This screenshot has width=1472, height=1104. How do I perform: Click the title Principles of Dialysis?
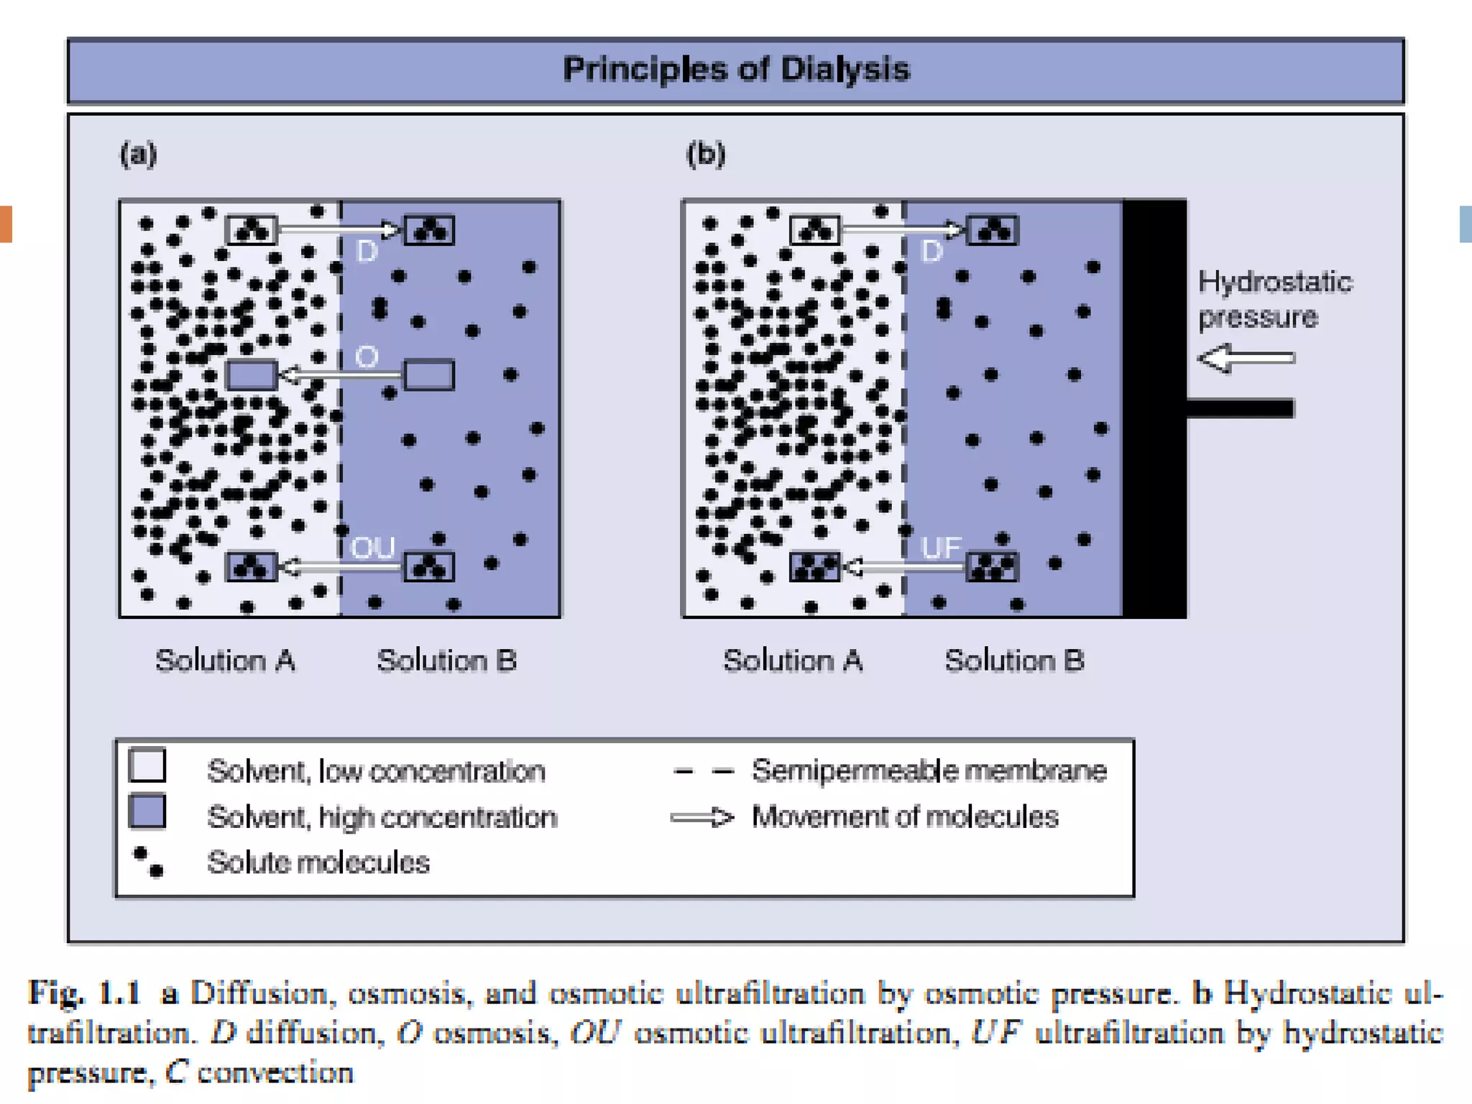tap(736, 70)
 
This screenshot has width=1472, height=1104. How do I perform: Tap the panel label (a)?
tap(138, 154)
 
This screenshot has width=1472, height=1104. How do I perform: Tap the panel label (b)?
tap(706, 154)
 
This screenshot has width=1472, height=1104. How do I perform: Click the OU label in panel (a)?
tap(372, 548)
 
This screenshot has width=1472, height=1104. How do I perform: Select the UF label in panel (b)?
tap(940, 548)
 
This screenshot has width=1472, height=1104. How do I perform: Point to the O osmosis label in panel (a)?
tap(367, 356)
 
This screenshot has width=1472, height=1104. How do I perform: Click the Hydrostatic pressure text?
tap(1274, 299)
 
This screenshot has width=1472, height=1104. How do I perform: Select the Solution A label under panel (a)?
tap(225, 660)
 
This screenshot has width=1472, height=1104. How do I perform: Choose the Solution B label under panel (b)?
tap(1014, 660)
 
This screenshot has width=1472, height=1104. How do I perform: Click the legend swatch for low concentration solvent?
tap(147, 765)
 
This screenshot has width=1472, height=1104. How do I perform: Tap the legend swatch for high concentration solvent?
tap(147, 811)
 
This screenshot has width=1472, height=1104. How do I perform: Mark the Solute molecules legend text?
tap(318, 862)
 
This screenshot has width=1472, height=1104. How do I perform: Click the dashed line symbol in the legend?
tap(703, 772)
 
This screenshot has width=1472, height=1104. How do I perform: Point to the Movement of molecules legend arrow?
tap(701, 817)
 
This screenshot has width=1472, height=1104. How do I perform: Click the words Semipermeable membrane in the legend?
tap(929, 770)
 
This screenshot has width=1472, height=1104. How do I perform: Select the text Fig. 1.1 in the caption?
tap(84, 993)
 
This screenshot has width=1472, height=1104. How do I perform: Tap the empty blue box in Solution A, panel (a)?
tap(252, 374)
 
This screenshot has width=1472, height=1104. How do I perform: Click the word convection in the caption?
tap(275, 1072)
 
